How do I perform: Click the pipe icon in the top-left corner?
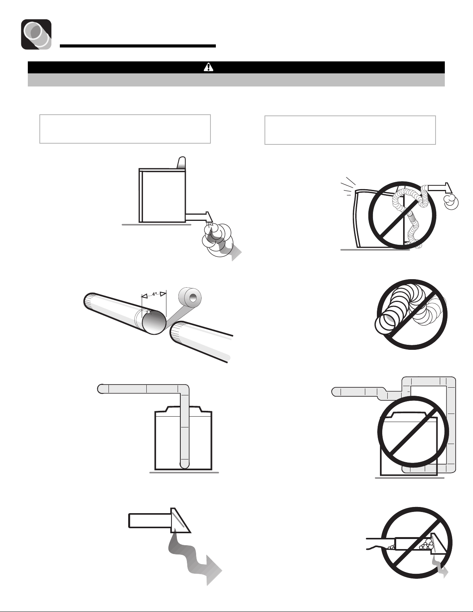(36, 34)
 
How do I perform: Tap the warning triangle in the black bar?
(209, 67)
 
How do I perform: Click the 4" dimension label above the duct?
(154, 294)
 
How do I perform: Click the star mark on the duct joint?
(148, 312)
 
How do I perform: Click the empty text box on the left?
(125, 129)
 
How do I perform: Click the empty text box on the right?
(350, 130)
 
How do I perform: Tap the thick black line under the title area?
(138, 46)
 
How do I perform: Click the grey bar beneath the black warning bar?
(236, 80)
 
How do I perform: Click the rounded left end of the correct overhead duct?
(101, 389)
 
